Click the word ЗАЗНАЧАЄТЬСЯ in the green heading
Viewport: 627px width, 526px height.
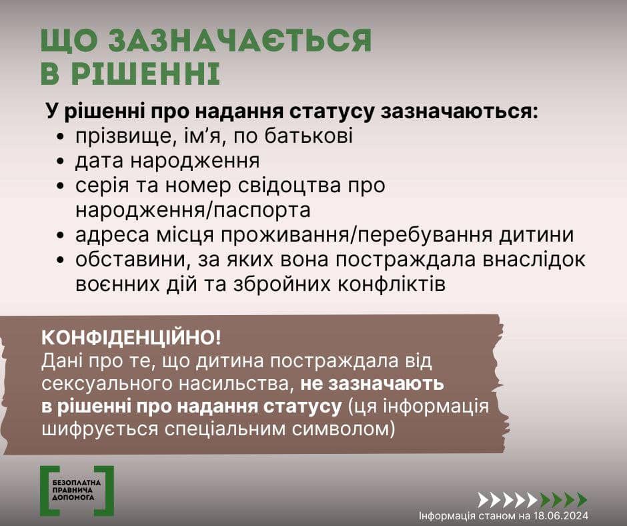click(240, 41)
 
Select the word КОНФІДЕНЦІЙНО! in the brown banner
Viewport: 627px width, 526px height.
click(131, 338)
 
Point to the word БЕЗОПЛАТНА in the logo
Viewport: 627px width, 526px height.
click(77, 483)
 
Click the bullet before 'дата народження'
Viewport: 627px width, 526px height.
click(61, 162)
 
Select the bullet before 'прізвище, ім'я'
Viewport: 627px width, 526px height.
click(61, 136)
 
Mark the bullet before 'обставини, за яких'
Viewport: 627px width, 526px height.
click(61, 260)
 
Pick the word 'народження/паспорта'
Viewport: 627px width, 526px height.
click(193, 210)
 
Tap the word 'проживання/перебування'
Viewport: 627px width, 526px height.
click(357, 235)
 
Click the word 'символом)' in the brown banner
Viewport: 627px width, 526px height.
click(343, 429)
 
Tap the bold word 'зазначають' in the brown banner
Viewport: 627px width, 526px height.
click(372, 384)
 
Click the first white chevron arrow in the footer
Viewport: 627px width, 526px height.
click(484, 500)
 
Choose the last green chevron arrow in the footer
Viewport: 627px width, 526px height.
click(582, 500)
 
